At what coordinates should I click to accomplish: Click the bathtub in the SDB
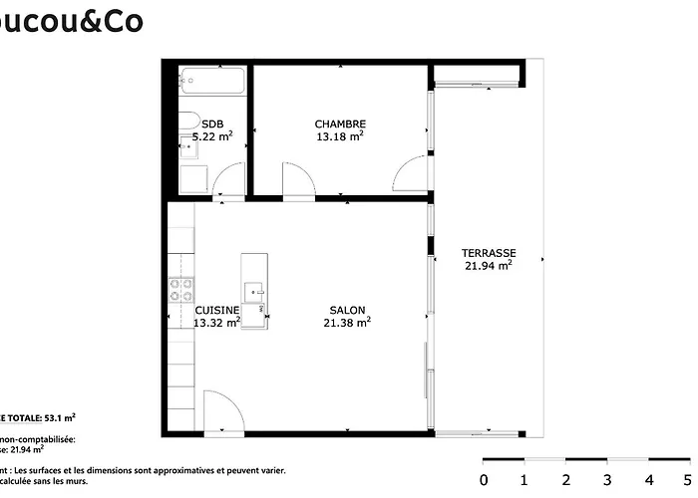click(210, 81)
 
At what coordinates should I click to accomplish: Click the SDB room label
click(212, 124)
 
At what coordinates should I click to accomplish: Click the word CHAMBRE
click(340, 124)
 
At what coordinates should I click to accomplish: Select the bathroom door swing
click(229, 180)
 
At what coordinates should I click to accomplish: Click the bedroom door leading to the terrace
click(411, 175)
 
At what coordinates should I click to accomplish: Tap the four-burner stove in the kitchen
click(181, 290)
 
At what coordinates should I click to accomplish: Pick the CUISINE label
click(216, 310)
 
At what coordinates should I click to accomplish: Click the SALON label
click(348, 310)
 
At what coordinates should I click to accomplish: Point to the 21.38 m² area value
click(350, 323)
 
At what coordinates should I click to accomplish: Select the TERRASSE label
click(489, 253)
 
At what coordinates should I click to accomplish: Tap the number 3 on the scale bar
click(607, 480)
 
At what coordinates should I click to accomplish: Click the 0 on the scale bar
click(484, 480)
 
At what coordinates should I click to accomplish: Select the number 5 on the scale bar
click(690, 480)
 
